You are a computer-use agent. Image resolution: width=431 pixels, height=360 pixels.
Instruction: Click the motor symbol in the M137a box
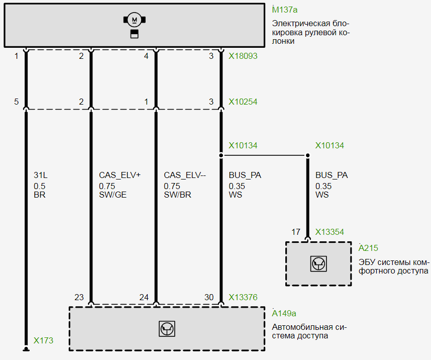(134, 20)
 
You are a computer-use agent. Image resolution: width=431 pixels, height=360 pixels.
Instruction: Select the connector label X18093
(243, 56)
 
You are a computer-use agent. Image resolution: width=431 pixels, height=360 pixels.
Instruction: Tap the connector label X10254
(243, 102)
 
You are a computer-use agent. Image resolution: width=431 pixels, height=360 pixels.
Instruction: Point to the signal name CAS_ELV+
(120, 175)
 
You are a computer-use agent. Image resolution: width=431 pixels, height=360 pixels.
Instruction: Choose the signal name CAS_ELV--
(185, 175)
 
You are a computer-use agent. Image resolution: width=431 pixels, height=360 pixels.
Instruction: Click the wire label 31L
(40, 175)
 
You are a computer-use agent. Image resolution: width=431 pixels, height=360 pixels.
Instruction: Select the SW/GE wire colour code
(113, 195)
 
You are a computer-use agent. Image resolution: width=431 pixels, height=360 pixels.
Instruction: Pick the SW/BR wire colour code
(177, 195)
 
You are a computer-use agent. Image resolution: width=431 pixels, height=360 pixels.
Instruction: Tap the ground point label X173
(43, 340)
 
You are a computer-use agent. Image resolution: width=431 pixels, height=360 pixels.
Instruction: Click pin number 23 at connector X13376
(79, 297)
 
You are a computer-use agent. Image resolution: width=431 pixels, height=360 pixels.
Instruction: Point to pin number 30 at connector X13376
(209, 297)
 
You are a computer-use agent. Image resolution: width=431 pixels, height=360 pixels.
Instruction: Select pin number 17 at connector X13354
(296, 232)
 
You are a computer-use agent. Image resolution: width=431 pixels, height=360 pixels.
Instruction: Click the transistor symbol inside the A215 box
(318, 263)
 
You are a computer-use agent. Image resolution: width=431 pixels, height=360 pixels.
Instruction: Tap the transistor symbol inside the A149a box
(167, 328)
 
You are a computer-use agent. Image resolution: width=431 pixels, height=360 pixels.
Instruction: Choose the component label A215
(368, 248)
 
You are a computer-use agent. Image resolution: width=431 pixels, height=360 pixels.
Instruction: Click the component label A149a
(284, 313)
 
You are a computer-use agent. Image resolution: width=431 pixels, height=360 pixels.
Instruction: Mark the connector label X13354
(330, 232)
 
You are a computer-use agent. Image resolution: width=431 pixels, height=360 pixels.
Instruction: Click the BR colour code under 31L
(40, 195)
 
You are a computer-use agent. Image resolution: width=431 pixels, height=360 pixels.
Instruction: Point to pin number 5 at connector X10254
(17, 102)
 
